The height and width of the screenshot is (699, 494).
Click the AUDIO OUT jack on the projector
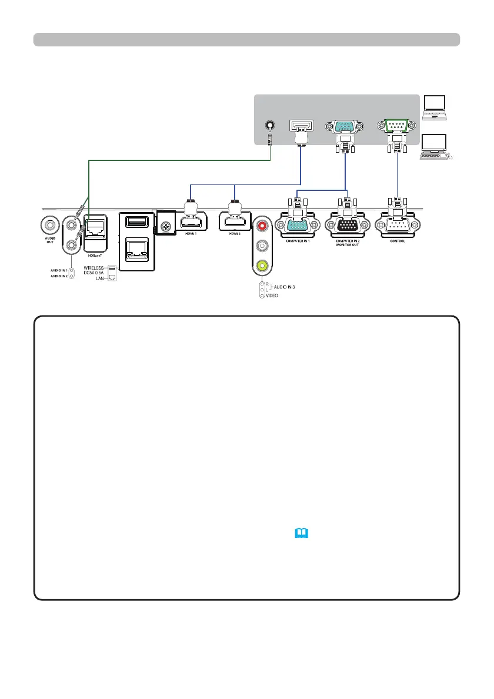pos(50,224)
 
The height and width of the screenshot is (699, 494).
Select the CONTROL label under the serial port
pos(398,241)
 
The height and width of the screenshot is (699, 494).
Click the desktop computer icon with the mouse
pos(436,147)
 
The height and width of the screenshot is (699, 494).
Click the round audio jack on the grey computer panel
pos(270,126)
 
